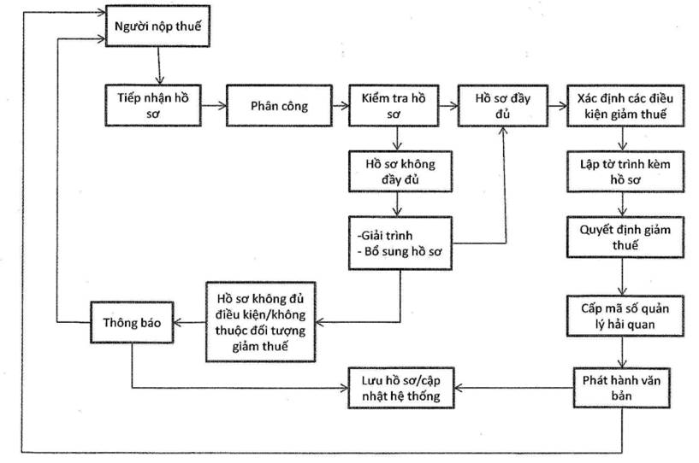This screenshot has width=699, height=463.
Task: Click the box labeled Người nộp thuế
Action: [x=157, y=27]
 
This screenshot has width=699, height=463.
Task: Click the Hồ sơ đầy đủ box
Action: [x=504, y=105]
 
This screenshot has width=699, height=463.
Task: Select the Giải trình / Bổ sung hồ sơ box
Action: [x=399, y=243]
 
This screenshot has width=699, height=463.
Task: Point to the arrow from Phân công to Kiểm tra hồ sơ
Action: [x=340, y=106]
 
